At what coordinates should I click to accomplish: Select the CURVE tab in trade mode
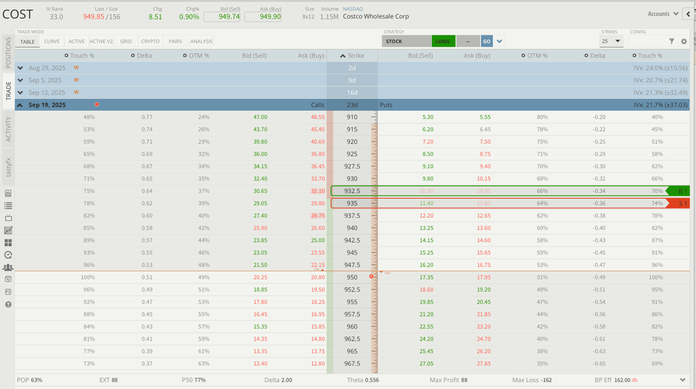tap(52, 42)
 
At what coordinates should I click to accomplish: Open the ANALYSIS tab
tap(201, 42)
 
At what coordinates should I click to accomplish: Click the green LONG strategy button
tap(442, 42)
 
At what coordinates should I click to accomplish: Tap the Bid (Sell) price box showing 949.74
tap(222, 17)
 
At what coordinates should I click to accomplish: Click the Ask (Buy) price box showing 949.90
tap(263, 17)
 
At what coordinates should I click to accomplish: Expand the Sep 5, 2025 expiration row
tap(21, 80)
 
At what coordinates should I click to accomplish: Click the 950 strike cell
tap(352, 277)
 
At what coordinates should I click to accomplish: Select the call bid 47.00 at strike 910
tap(260, 117)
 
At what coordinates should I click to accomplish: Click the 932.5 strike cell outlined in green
tap(352, 191)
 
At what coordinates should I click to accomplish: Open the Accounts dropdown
tap(663, 14)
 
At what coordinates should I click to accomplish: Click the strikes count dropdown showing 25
tap(611, 42)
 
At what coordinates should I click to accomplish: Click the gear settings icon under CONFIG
tap(684, 42)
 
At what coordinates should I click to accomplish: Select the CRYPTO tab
tap(150, 42)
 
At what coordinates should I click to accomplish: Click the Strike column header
tap(352, 56)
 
